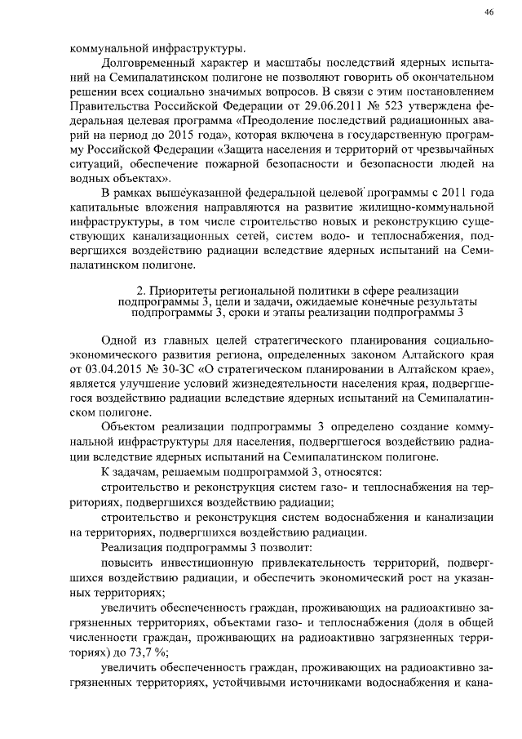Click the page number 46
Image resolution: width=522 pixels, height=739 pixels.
(489, 11)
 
